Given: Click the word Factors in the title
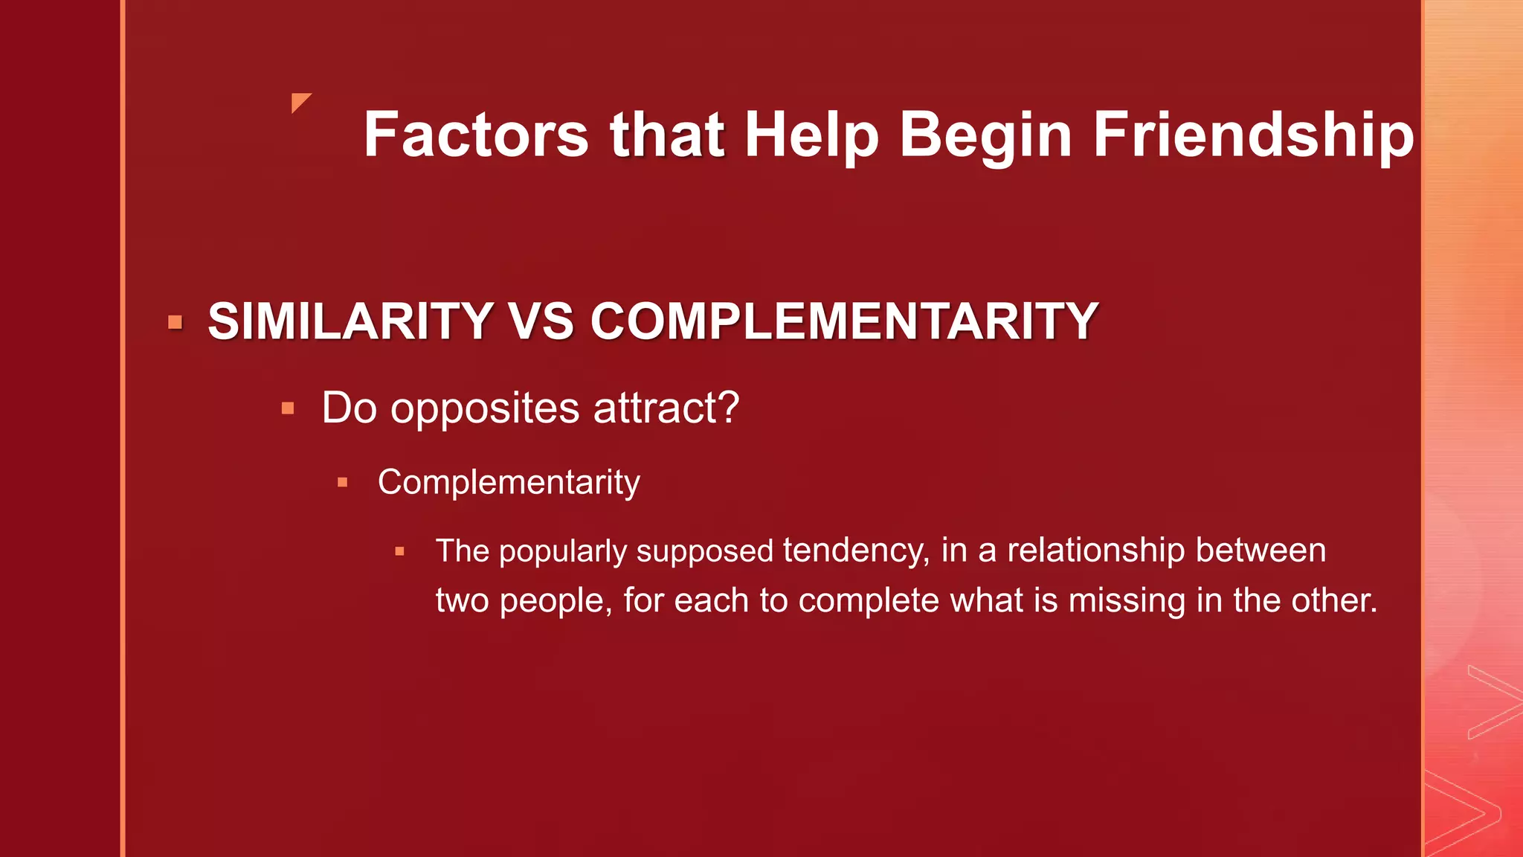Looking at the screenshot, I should tap(476, 135).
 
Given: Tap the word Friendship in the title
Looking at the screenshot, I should tap(1253, 135).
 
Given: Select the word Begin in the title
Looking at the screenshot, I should tap(985, 135).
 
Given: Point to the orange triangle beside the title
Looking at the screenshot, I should tap(299, 100).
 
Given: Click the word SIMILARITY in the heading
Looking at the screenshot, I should tap(350, 321).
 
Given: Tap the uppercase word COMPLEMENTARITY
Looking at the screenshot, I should tap(844, 321).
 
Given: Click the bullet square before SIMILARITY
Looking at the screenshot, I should tap(176, 322).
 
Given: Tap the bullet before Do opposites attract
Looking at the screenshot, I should tap(288, 408).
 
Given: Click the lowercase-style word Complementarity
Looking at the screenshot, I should tap(509, 482).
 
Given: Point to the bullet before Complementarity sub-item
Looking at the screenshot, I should tap(343, 483).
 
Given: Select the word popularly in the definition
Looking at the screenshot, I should tap(563, 552).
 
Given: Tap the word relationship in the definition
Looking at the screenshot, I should tap(1096, 551).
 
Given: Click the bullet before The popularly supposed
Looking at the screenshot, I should tap(400, 552).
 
